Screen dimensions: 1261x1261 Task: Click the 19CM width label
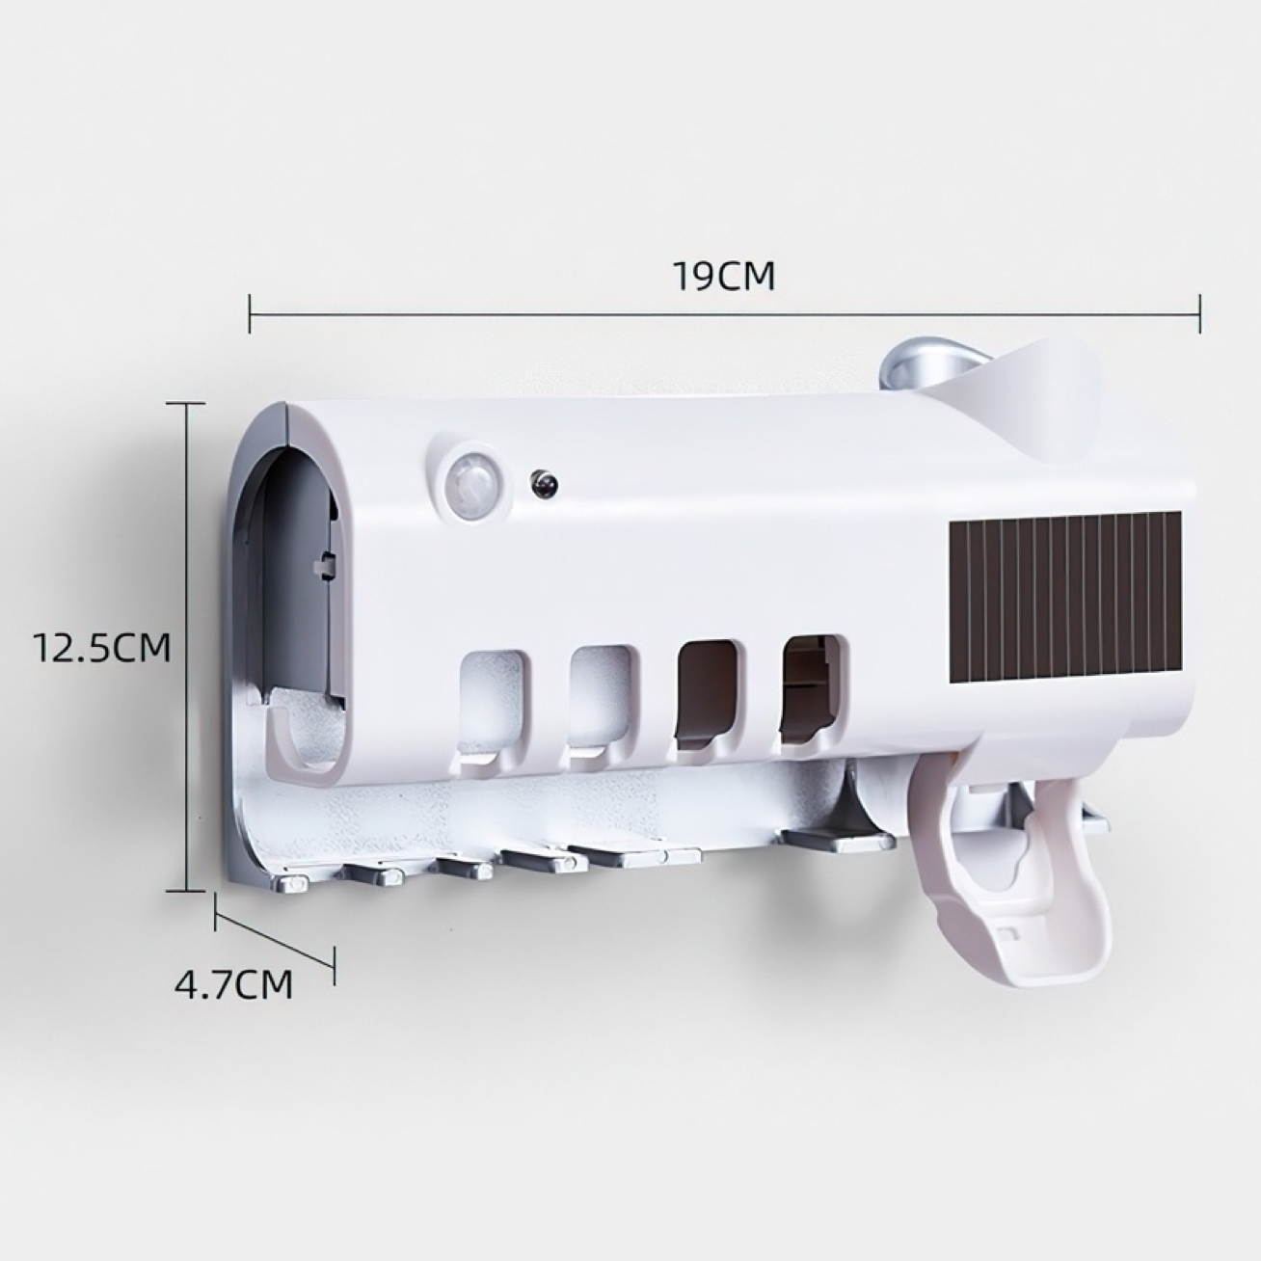(724, 278)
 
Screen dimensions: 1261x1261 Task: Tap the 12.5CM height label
(103, 647)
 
